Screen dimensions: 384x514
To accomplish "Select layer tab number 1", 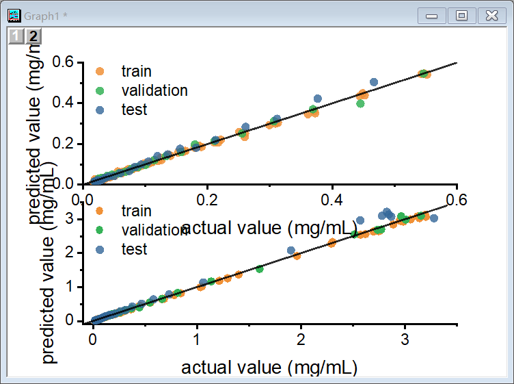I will tap(16, 36).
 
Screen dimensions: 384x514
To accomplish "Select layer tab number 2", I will tap(32, 36).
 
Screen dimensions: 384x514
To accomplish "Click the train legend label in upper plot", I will tap(136, 71).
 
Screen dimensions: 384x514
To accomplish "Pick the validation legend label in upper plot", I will tap(154, 90).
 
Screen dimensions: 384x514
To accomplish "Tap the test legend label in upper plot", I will tap(134, 110).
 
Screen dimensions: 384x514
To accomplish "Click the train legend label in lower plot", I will tap(136, 210).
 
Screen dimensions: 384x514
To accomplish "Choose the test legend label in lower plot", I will tap(134, 249).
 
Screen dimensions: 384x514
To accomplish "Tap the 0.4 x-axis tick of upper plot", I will tap(332, 199).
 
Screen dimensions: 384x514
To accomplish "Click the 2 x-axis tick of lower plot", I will tap(301, 338).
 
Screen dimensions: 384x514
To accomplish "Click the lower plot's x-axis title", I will tap(269, 368).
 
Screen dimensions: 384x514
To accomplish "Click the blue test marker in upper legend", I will tap(100, 110).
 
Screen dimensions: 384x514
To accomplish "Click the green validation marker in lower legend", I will tap(100, 229).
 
